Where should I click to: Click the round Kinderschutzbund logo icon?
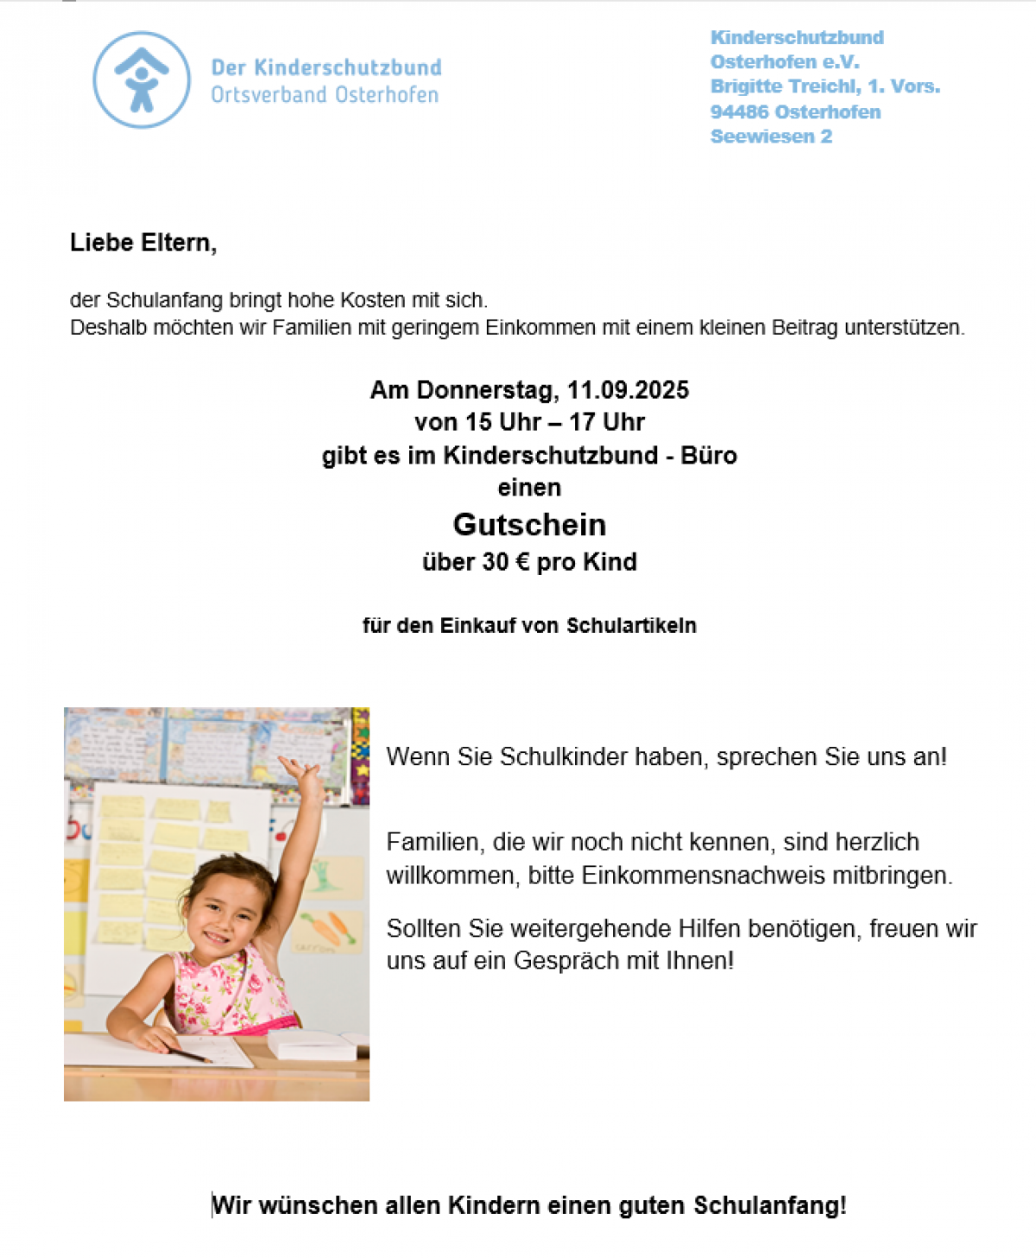click(x=142, y=80)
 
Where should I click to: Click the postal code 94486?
click(x=740, y=112)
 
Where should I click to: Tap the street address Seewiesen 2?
click(x=771, y=136)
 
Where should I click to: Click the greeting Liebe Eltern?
click(x=142, y=243)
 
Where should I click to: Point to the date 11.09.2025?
click(x=628, y=390)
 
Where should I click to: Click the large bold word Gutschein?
click(x=529, y=525)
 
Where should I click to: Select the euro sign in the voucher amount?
click(x=522, y=562)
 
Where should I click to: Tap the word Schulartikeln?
click(x=631, y=625)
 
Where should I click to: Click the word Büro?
click(x=709, y=456)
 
